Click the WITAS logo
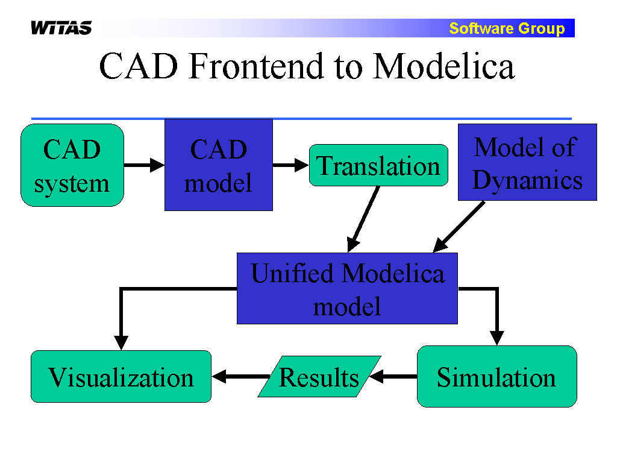[61, 28]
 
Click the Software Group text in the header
[507, 28]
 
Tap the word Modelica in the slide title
[444, 66]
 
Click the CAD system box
[72, 165]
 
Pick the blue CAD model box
[219, 165]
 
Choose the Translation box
[378, 165]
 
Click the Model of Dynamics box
[527, 162]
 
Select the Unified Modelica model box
[348, 289]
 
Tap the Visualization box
[121, 377]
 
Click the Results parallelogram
[319, 377]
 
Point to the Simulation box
[497, 377]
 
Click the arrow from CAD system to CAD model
[145, 165]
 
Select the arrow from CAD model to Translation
[291, 165]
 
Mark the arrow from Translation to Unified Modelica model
[364, 219]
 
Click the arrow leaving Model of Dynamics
[459, 227]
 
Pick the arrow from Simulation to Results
[393, 377]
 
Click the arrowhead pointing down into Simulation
[497, 338]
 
